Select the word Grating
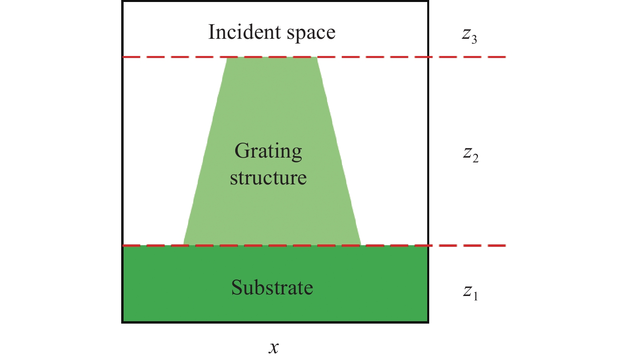click(268, 152)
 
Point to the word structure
click(268, 178)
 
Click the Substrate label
click(272, 288)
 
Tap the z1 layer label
click(470, 293)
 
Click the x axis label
click(273, 348)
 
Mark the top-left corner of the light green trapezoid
click(227, 57)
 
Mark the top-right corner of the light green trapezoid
click(317, 57)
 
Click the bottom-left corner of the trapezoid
click(183, 245)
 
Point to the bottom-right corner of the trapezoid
click(361, 245)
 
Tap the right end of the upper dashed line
click(506, 57)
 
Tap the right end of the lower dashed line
click(506, 246)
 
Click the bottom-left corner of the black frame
click(122, 322)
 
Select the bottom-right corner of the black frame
click(428, 322)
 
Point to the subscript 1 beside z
click(475, 296)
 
